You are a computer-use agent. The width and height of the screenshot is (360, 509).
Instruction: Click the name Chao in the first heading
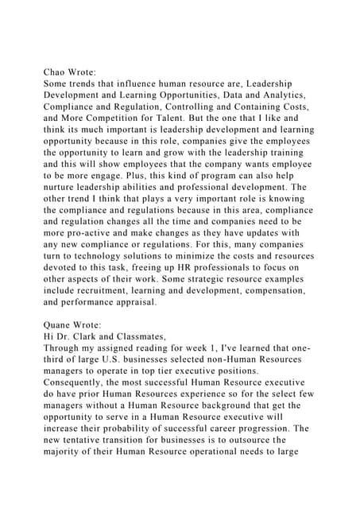click(x=56, y=70)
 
